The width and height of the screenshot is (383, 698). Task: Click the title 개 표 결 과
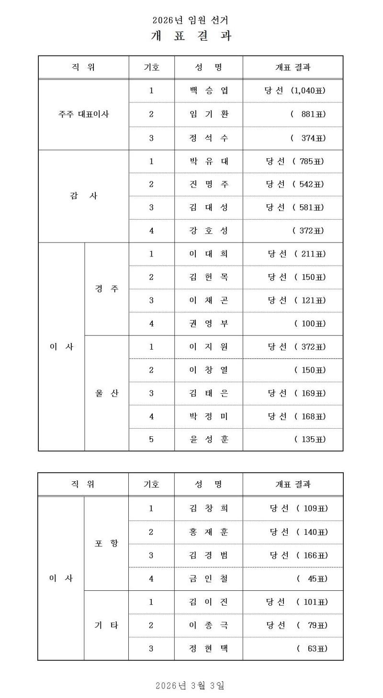pyautogui.click(x=191, y=36)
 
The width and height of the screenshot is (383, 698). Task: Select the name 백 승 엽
pyautogui.click(x=209, y=90)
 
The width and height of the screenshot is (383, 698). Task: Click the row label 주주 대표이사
pyautogui.click(x=84, y=114)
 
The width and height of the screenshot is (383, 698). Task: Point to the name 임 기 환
pyautogui.click(x=209, y=114)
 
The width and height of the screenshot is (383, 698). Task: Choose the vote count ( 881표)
pyautogui.click(x=308, y=114)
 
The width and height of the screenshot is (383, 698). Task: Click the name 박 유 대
pyautogui.click(x=209, y=161)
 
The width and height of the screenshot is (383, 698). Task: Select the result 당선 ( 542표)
pyautogui.click(x=295, y=184)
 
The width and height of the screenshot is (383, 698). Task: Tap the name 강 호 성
pyautogui.click(x=209, y=231)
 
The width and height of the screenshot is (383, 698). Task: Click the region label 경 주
pyautogui.click(x=107, y=289)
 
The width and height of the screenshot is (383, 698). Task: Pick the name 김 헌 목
pyautogui.click(x=209, y=277)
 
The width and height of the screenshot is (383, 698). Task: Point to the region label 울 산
pyautogui.click(x=107, y=393)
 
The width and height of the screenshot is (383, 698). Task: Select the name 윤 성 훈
pyautogui.click(x=209, y=439)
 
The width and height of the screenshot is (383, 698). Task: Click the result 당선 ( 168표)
pyautogui.click(x=296, y=416)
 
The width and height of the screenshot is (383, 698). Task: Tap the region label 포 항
pyautogui.click(x=106, y=543)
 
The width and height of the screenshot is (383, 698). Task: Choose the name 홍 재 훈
pyautogui.click(x=209, y=532)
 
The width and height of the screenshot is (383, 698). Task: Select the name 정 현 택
pyautogui.click(x=209, y=649)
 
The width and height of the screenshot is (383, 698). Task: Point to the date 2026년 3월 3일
pyautogui.click(x=190, y=686)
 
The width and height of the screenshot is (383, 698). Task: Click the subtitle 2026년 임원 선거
pyautogui.click(x=191, y=20)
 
